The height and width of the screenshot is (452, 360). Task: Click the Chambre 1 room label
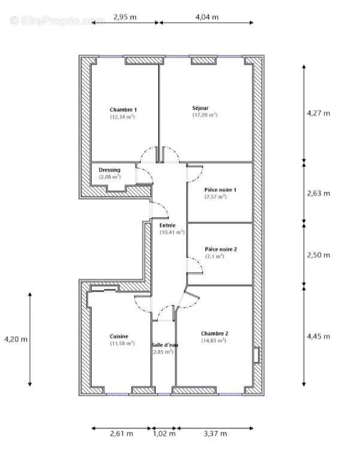point(123,110)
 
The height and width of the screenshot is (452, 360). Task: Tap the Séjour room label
point(201,108)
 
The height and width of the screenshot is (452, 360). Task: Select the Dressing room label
point(110,170)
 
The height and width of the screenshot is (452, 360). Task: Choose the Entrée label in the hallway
point(168,225)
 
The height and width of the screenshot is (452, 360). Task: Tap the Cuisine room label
point(119,336)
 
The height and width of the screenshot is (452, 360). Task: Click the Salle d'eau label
point(163,345)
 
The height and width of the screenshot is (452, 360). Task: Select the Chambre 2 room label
point(214,333)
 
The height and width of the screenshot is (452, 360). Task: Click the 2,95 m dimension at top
point(125,17)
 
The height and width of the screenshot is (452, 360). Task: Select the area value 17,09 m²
point(205,114)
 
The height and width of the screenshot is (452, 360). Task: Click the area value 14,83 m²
point(214,340)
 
